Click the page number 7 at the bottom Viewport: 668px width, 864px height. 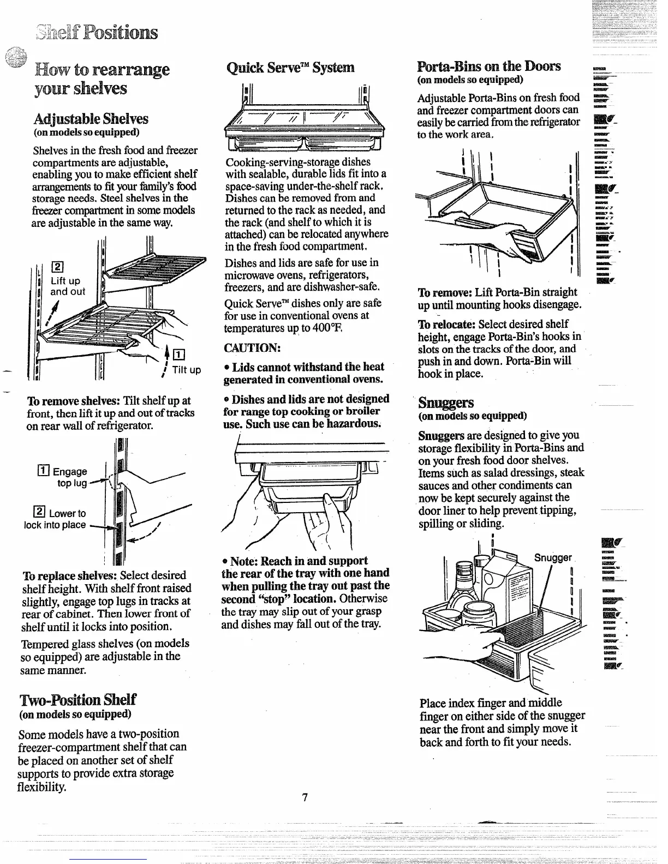point(305,797)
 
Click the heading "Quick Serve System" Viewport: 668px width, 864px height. point(290,68)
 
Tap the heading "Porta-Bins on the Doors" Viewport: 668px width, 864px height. point(488,67)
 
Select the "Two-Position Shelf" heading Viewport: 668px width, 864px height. point(77,700)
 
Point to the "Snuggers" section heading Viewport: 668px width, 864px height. point(446,403)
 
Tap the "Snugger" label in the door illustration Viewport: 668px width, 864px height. point(552,557)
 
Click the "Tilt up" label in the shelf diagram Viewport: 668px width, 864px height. point(187,370)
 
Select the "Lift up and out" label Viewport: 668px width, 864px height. point(67,286)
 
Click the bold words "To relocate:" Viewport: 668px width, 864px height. point(444,324)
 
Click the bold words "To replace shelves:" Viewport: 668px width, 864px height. point(69,575)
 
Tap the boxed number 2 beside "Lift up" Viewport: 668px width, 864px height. point(56,267)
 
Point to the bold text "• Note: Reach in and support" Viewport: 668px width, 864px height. point(295,561)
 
